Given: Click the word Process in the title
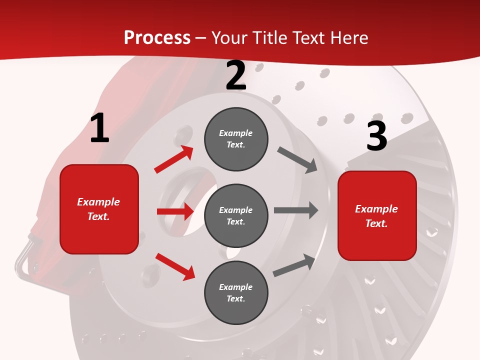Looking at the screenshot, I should coord(157,38).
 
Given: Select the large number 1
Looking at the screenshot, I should coord(99,128).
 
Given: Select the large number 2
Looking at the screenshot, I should coord(236,76).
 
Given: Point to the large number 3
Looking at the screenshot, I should coord(376,136).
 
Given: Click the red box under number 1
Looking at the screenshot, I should coord(99,209).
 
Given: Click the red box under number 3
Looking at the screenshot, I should coord(377,216).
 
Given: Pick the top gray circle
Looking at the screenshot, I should coord(236,139).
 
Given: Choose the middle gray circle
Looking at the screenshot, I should coord(236,215).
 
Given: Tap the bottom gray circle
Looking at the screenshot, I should coord(236,292).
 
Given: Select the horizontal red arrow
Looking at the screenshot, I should coord(175,211).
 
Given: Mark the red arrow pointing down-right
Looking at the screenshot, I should coord(175,266).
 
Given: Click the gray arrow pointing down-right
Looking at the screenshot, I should coord(297,160).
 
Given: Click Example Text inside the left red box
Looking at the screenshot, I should coord(98,209).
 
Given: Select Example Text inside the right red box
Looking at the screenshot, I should coord(376,216).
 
